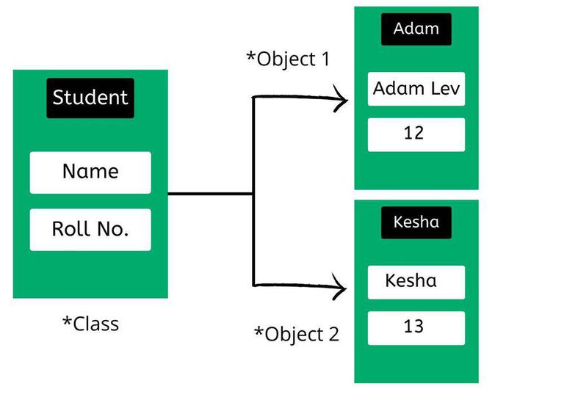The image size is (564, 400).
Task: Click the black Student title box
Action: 90,98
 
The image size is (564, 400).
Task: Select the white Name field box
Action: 90,172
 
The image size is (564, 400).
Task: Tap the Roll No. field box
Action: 90,229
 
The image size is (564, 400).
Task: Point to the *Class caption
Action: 90,324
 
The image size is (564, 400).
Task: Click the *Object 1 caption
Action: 288,59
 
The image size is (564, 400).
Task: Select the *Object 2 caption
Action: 297,334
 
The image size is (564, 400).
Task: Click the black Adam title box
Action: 416,29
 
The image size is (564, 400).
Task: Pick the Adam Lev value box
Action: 416,90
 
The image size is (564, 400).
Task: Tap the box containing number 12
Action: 416,134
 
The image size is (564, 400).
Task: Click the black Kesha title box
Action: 416,222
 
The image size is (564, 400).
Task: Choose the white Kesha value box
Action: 416,281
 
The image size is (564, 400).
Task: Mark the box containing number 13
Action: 416,327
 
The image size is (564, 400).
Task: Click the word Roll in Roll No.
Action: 69,229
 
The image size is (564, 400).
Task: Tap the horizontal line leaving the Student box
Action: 209,194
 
